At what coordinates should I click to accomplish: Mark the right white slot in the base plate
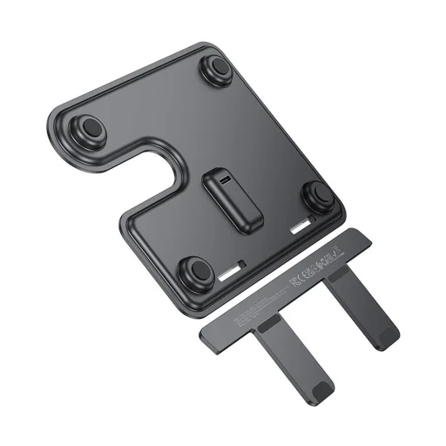(301, 228)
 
